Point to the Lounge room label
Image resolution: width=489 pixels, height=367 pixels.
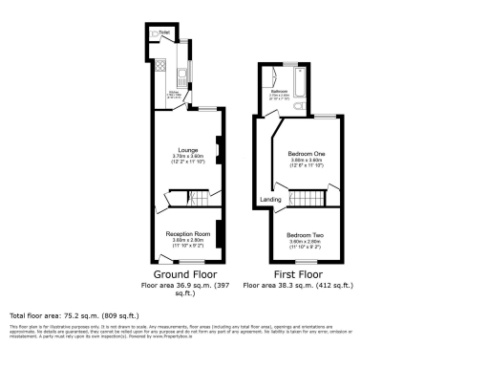pos(188,150)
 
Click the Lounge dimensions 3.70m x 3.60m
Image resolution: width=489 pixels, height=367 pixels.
pos(188,157)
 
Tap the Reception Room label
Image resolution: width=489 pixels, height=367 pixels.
pos(188,233)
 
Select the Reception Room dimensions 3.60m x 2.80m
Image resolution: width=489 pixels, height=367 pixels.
pos(188,240)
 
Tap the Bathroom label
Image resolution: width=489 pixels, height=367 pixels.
pos(280,92)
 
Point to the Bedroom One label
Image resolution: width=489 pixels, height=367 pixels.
pos(306,153)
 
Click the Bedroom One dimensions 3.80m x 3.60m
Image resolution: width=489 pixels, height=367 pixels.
pos(306,160)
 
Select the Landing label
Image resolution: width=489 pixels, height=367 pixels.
pos(270,199)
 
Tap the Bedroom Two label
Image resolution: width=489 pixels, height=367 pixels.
pos(306,234)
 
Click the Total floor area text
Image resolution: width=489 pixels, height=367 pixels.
pos(74,315)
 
